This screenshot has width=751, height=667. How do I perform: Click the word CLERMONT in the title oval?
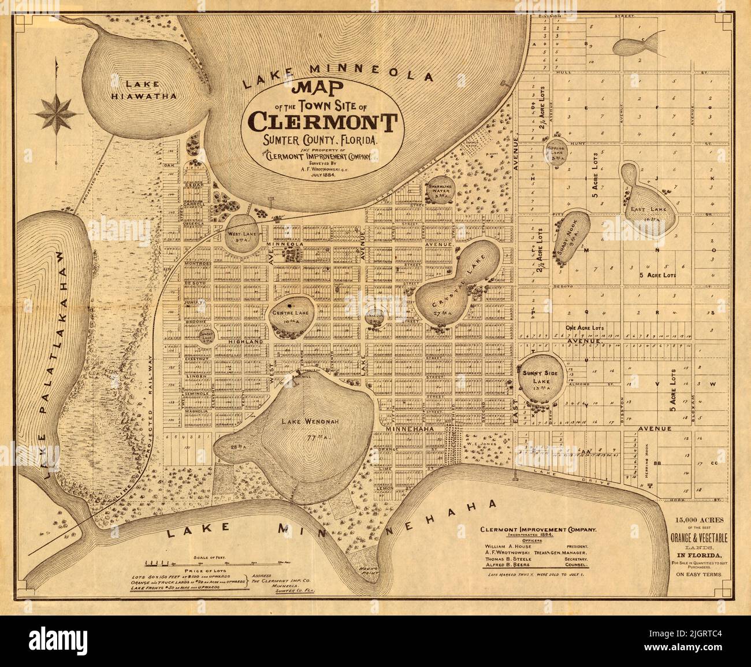click(322, 122)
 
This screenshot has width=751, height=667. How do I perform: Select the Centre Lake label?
click(290, 312)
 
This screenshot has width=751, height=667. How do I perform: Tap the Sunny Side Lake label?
click(538, 373)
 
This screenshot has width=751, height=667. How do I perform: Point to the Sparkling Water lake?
click(444, 190)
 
